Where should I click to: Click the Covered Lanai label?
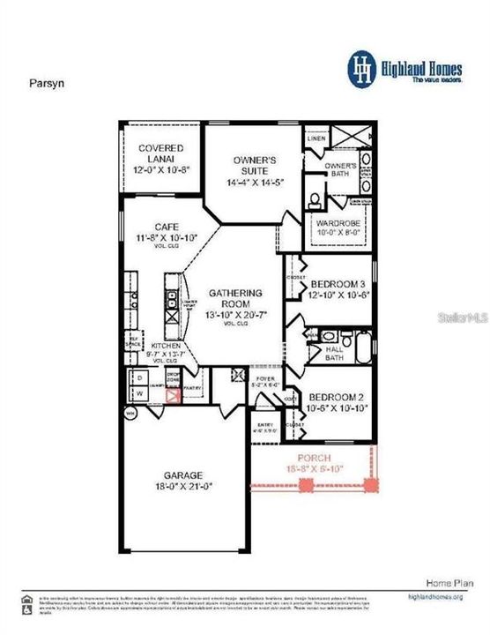click(x=160, y=148)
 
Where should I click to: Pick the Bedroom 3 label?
click(x=339, y=283)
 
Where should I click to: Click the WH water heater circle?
click(x=130, y=411)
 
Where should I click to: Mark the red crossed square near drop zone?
click(x=174, y=394)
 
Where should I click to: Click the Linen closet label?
click(x=316, y=139)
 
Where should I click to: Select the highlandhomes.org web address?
click(x=435, y=596)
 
